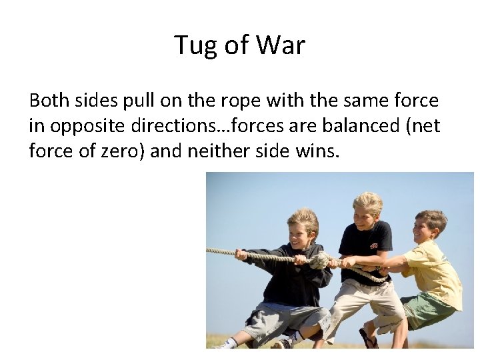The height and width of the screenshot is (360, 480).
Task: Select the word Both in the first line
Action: pos(51,101)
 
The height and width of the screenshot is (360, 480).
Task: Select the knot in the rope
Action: pos(320,260)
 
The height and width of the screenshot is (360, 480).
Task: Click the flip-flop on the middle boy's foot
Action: pos(367,338)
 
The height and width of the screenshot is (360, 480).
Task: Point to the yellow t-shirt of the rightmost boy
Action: pos(437,270)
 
